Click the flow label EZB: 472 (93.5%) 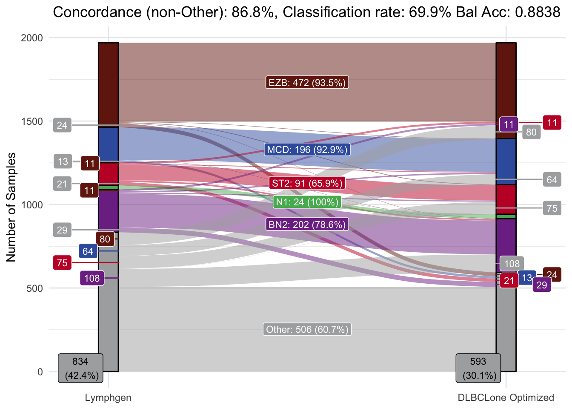coord(307,82)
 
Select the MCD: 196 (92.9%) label coord(307,150)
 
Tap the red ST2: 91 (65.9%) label coord(307,183)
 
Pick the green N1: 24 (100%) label coord(307,202)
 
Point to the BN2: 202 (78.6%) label coord(307,224)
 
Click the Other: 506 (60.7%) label coord(307,329)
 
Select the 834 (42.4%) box coord(80,368)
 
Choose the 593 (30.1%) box coord(478,368)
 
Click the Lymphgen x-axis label coord(108,398)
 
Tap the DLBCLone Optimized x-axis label coord(506,398)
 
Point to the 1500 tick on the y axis coord(32,121)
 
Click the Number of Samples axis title coord(11,207)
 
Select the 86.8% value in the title coord(255,12)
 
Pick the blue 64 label coord(88,251)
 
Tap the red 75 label coord(62,263)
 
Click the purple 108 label coord(92,279)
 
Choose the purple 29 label coord(541,285)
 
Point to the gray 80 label coord(531,132)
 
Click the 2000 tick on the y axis coord(32,38)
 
